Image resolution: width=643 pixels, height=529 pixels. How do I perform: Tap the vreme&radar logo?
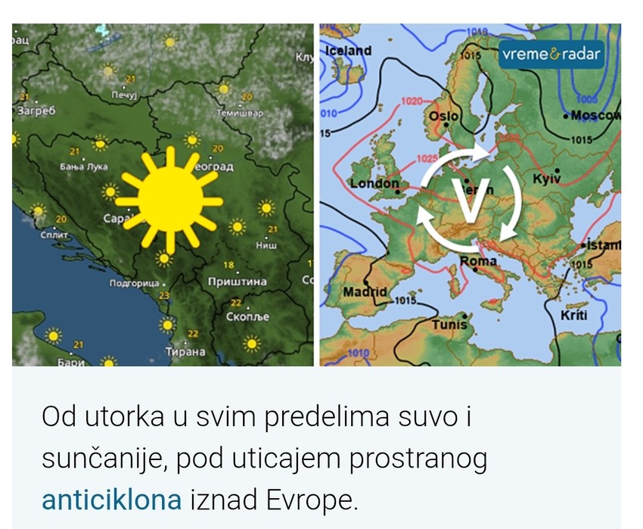coord(551,54)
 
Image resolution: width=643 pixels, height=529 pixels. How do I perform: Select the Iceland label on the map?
coord(349,51)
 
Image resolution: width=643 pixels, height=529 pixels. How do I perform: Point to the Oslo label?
coord(443,117)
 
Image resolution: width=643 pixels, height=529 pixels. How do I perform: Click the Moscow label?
coord(595,115)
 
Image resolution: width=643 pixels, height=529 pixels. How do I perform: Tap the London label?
coord(374,183)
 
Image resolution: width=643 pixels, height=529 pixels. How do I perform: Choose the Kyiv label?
coord(546,179)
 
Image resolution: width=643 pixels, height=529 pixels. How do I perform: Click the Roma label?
coord(479,261)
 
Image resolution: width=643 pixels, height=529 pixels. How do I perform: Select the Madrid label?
coord(365,291)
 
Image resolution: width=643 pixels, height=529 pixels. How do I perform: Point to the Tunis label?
coord(449,325)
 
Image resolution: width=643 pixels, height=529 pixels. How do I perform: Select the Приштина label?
coord(237,282)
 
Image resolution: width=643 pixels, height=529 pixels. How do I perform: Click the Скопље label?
coord(248,317)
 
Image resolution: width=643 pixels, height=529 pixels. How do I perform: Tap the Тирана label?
coord(185,352)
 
